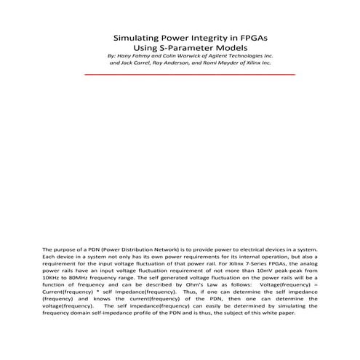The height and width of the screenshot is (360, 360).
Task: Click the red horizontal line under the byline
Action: click(x=189, y=74)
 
